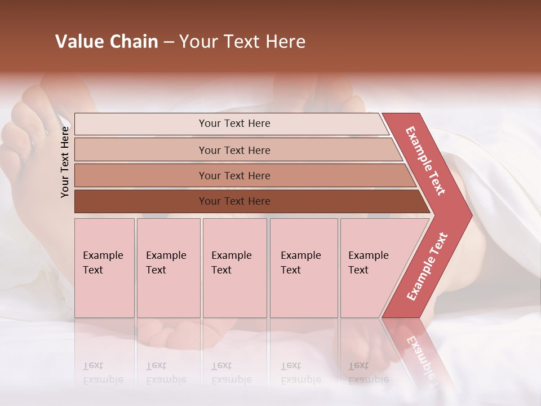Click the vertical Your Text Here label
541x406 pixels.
[x=65, y=162]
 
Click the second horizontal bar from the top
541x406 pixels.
[x=234, y=150]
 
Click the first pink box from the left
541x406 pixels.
[x=104, y=268]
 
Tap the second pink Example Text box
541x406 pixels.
[x=168, y=268]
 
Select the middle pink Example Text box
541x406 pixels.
[x=234, y=268]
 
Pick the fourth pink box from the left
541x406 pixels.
[x=304, y=268]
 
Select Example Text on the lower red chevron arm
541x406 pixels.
[x=427, y=266]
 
